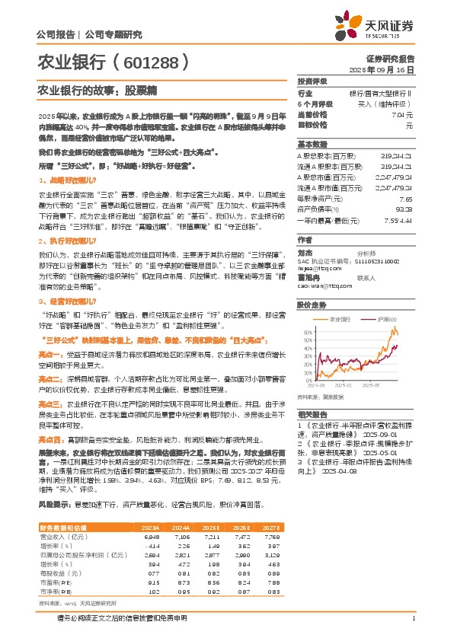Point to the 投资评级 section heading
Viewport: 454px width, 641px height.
pyautogui.click(x=312, y=81)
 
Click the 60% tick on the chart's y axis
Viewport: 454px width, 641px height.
pyautogui.click(x=305, y=332)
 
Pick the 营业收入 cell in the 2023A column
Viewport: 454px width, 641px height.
pyautogui.click(x=152, y=537)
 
